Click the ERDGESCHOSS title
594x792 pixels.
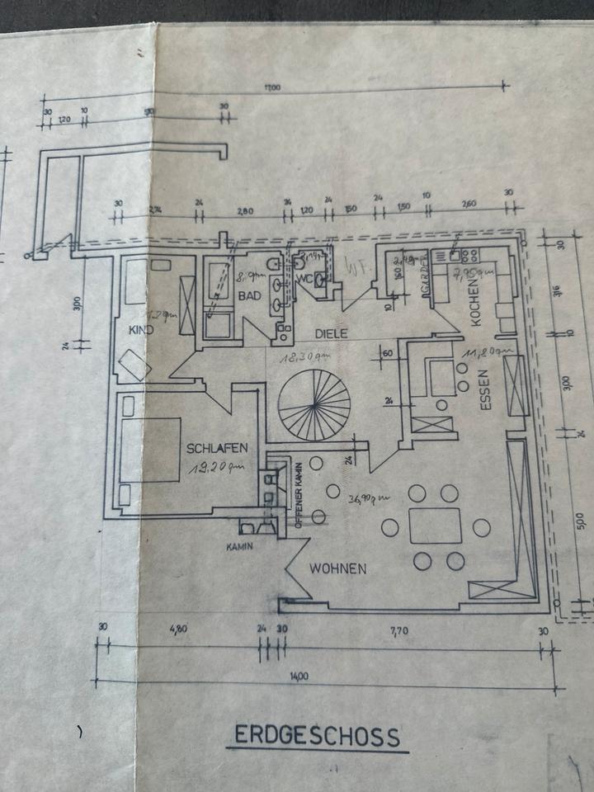(318, 736)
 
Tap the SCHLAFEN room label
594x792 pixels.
(218, 449)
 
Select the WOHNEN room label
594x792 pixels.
(338, 568)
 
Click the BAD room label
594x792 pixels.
(249, 295)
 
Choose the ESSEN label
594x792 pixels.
(485, 391)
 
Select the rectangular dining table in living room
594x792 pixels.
(436, 526)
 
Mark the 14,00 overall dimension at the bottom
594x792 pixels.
(299, 676)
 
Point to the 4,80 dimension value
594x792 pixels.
(178, 629)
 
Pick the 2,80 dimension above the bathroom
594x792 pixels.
(244, 211)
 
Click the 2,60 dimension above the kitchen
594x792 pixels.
(468, 204)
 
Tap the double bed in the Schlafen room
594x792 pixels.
(150, 450)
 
